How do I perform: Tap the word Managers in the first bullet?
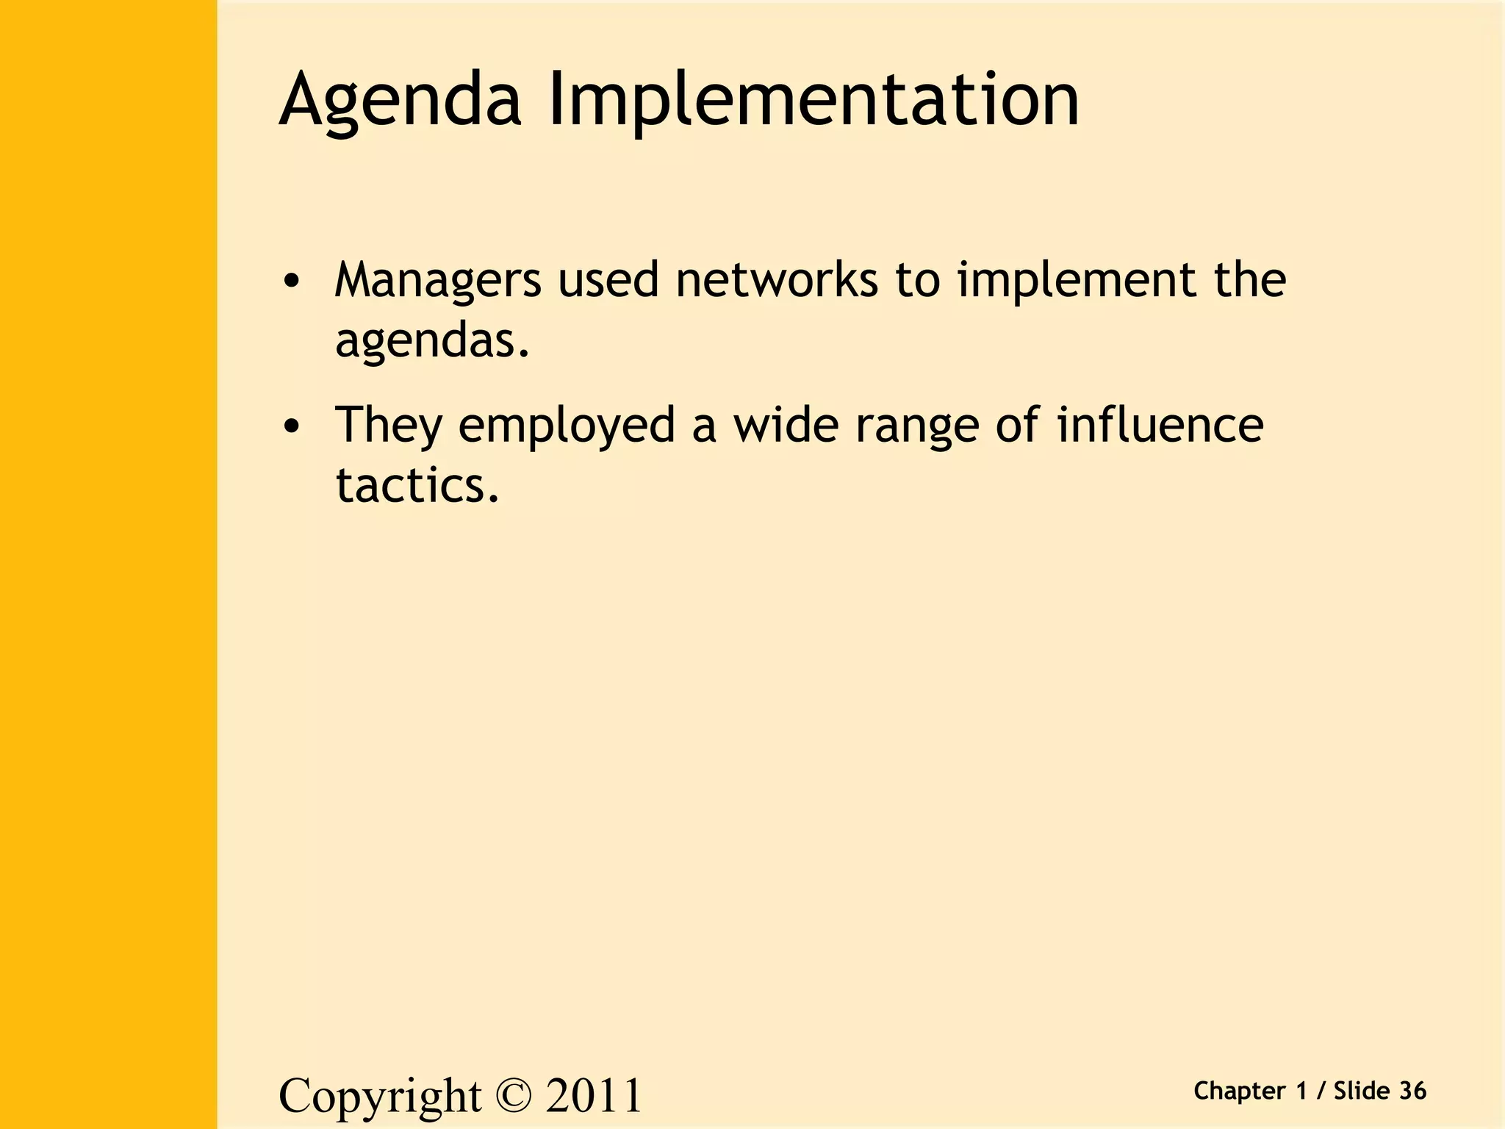click(438, 281)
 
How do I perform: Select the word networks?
click(777, 281)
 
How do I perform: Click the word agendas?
click(432, 341)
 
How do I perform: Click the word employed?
click(566, 426)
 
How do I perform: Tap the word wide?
click(786, 426)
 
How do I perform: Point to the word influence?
click(1160, 426)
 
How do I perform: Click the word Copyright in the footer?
click(380, 1097)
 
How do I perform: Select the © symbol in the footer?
click(513, 1097)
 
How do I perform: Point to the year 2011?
click(594, 1097)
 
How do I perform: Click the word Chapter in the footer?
click(1240, 1092)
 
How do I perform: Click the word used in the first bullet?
click(608, 281)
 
